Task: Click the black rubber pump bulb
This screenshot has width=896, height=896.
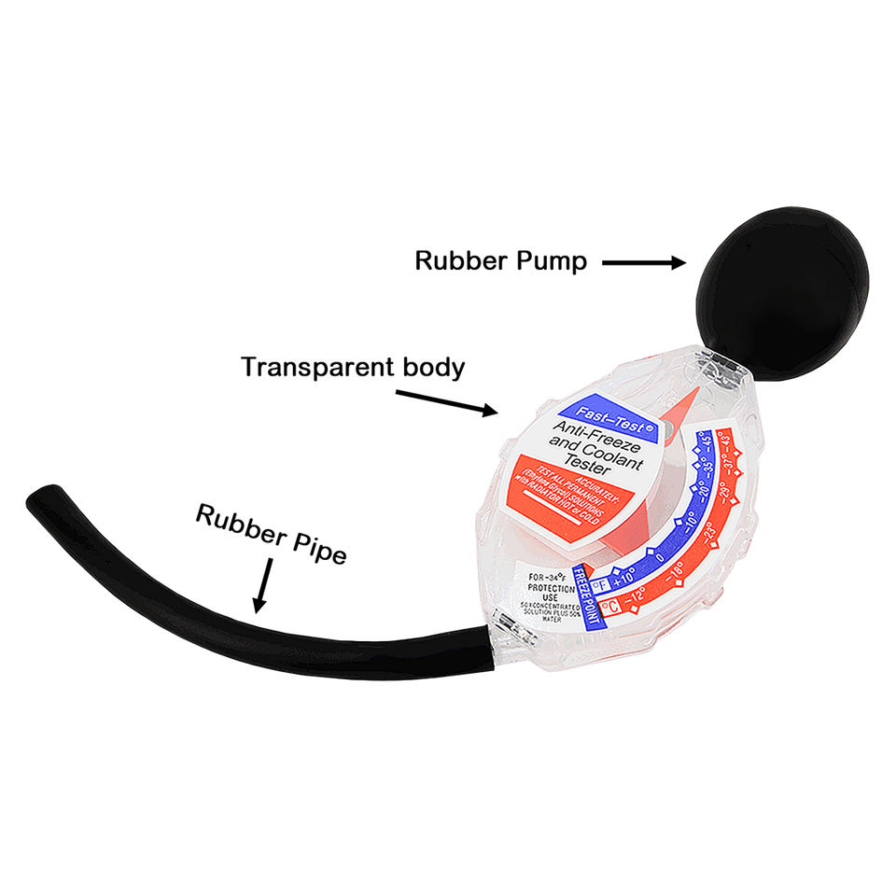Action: point(782,293)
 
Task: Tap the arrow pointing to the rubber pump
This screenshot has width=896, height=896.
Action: point(643,263)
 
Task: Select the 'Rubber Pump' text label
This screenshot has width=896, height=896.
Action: point(500,261)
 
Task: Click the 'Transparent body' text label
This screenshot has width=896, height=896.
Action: point(353,367)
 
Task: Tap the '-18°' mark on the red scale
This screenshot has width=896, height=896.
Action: point(675,572)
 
